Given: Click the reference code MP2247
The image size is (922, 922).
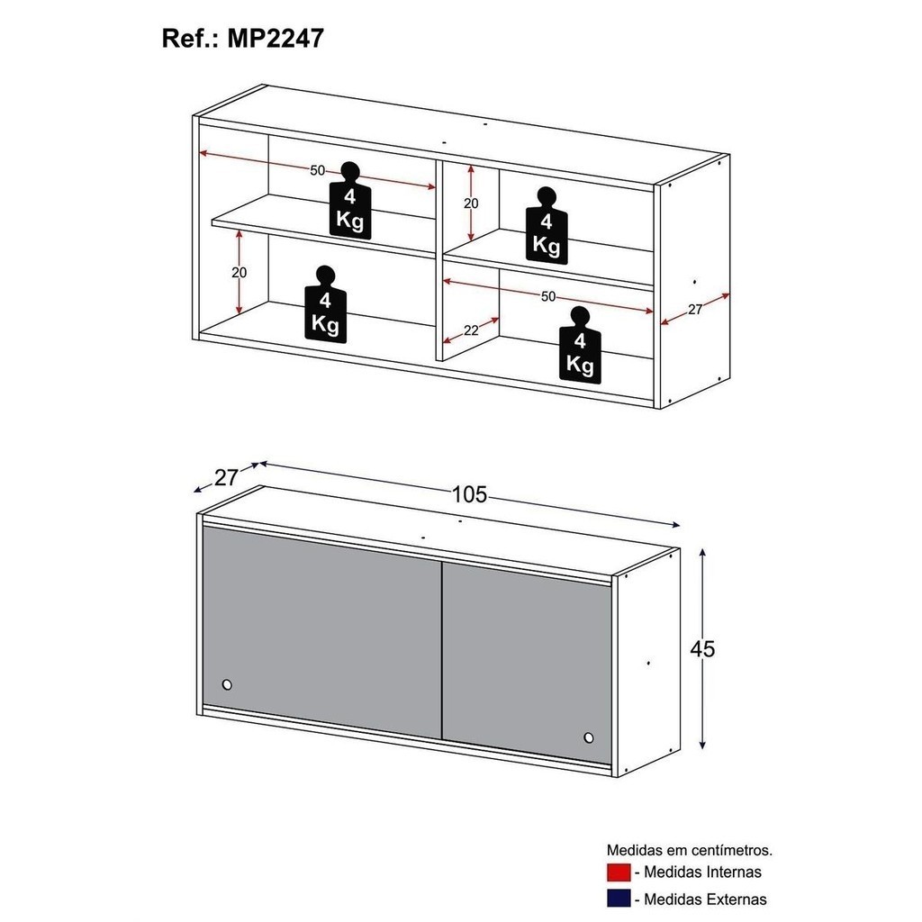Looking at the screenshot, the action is (x=276, y=38).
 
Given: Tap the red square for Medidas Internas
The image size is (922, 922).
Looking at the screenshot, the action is (x=619, y=872).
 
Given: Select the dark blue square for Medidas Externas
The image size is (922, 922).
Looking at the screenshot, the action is (x=619, y=899).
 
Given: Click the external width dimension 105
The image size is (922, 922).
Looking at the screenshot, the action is (x=469, y=494).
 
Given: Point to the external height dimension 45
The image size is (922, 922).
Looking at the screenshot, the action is (x=702, y=648).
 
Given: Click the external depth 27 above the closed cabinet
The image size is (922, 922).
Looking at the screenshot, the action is (x=226, y=477).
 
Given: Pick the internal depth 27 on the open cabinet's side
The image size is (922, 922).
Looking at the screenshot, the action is (x=695, y=310).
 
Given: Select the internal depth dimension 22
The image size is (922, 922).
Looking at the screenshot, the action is (x=471, y=330).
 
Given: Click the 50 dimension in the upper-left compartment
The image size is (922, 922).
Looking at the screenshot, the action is (x=317, y=170).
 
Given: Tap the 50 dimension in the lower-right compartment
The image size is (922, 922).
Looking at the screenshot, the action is (x=548, y=296).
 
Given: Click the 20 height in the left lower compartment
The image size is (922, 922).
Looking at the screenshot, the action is (x=240, y=272).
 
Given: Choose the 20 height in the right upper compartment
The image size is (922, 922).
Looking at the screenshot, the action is (x=471, y=203).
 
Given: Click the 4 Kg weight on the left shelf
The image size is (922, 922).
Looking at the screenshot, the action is (x=350, y=201).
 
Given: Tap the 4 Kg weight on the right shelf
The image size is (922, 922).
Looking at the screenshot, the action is (x=547, y=226).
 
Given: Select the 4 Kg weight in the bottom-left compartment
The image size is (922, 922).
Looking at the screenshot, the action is (x=325, y=303).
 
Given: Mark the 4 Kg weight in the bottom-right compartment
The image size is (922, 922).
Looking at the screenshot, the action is (x=580, y=345).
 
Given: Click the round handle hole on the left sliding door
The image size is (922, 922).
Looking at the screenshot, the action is (x=227, y=684).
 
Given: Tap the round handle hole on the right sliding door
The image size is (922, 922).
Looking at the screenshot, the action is (x=589, y=737).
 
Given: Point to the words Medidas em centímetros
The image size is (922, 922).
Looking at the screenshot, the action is (x=689, y=850).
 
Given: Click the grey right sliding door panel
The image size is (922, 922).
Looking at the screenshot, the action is (x=526, y=662).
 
